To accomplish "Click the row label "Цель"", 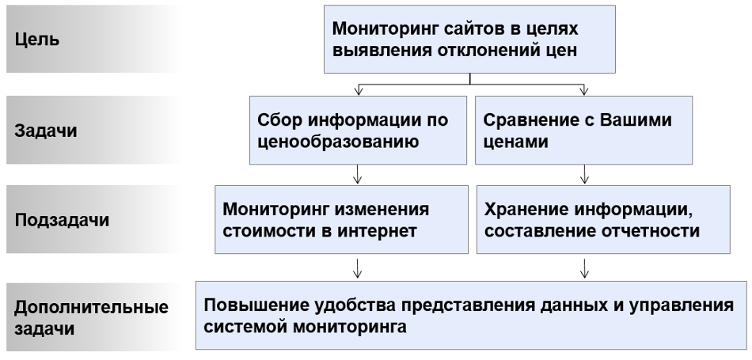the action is [x=37, y=39].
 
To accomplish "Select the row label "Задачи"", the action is [x=46, y=131].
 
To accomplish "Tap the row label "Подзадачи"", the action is [x=62, y=220].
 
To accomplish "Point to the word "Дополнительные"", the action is [x=91, y=307].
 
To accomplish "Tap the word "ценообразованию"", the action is [x=338, y=142].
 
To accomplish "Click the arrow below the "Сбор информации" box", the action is [x=357, y=174].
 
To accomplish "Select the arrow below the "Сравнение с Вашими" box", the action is [x=584, y=174].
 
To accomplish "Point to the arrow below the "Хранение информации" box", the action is [x=584, y=268].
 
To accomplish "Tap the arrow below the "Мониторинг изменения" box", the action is [x=357, y=268].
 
